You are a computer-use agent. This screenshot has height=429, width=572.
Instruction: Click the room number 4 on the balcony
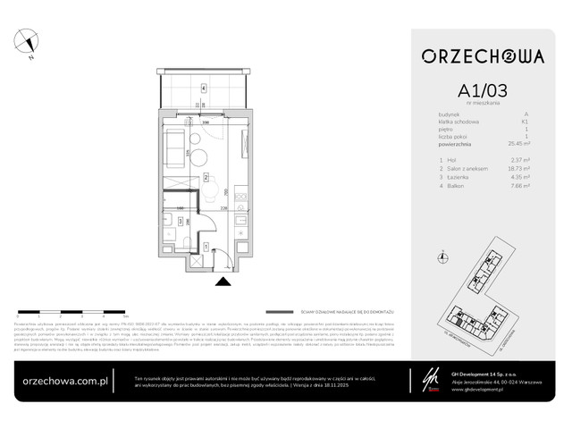(204, 88)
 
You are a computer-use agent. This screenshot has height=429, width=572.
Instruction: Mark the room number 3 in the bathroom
(180, 221)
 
